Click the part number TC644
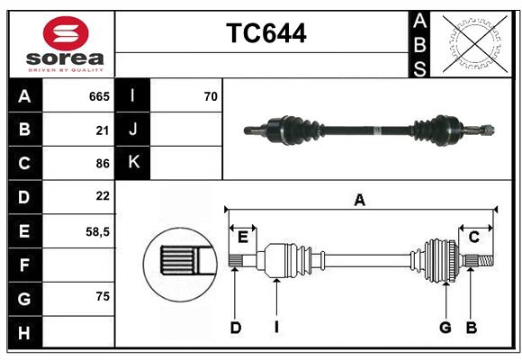tap(265, 34)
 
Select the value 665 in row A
tap(98, 96)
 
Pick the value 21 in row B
tap(102, 130)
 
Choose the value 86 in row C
tap(102, 163)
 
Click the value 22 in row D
tap(102, 195)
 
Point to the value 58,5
tap(97, 231)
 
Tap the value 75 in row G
tap(102, 296)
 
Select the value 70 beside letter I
tap(211, 96)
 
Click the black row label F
tap(24, 265)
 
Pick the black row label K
tap(133, 163)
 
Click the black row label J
tap(133, 130)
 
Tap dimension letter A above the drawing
tap(359, 201)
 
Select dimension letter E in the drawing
tap(243, 237)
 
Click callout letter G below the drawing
tap(445, 328)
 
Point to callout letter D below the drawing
tap(235, 328)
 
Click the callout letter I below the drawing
tap(276, 328)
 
